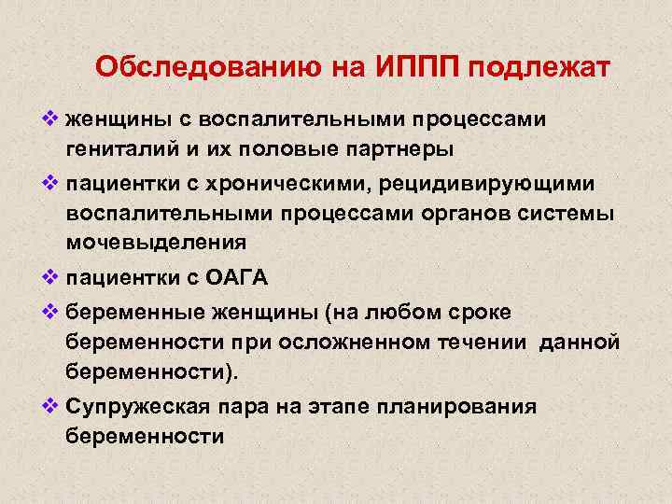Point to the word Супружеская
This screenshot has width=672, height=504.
(145, 406)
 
